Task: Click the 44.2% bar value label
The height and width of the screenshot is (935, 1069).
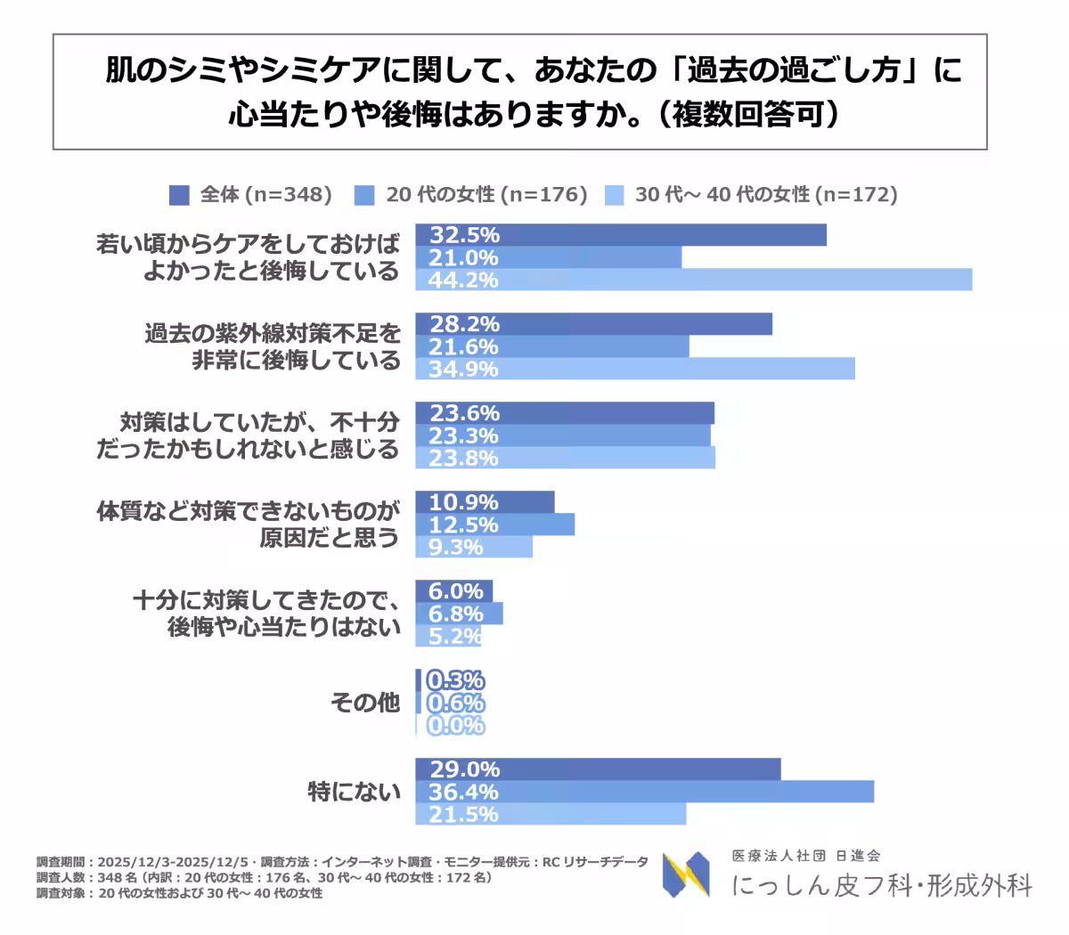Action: pyautogui.click(x=463, y=280)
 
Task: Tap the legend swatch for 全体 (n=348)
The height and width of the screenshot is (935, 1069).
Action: pyautogui.click(x=179, y=195)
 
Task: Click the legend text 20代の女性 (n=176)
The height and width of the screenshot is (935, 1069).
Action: pyautogui.click(x=486, y=195)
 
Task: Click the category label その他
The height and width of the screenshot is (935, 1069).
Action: pyautogui.click(x=365, y=703)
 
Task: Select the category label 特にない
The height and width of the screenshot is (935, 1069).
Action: pyautogui.click(x=354, y=792)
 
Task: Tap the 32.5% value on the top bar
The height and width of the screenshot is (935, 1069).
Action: pyautogui.click(x=464, y=235)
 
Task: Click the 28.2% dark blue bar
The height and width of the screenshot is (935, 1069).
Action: pyautogui.click(x=593, y=324)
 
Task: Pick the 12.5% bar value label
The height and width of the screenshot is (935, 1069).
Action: pyautogui.click(x=463, y=524)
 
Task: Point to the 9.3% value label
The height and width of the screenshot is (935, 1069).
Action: pyautogui.click(x=455, y=547)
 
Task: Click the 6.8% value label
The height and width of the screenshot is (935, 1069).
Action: pyautogui.click(x=455, y=614)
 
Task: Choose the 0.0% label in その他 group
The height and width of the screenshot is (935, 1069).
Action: pyautogui.click(x=455, y=725)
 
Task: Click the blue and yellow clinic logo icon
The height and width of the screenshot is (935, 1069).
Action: pyautogui.click(x=686, y=874)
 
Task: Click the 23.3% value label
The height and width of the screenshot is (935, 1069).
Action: pyautogui.click(x=463, y=435)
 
